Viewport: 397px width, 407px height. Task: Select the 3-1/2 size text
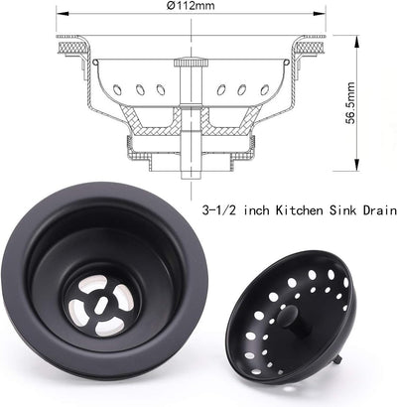pyautogui.click(x=219, y=211)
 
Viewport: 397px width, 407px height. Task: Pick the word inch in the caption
pyautogui.click(x=252, y=211)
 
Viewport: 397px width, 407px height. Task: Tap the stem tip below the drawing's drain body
pyautogui.click(x=188, y=171)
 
